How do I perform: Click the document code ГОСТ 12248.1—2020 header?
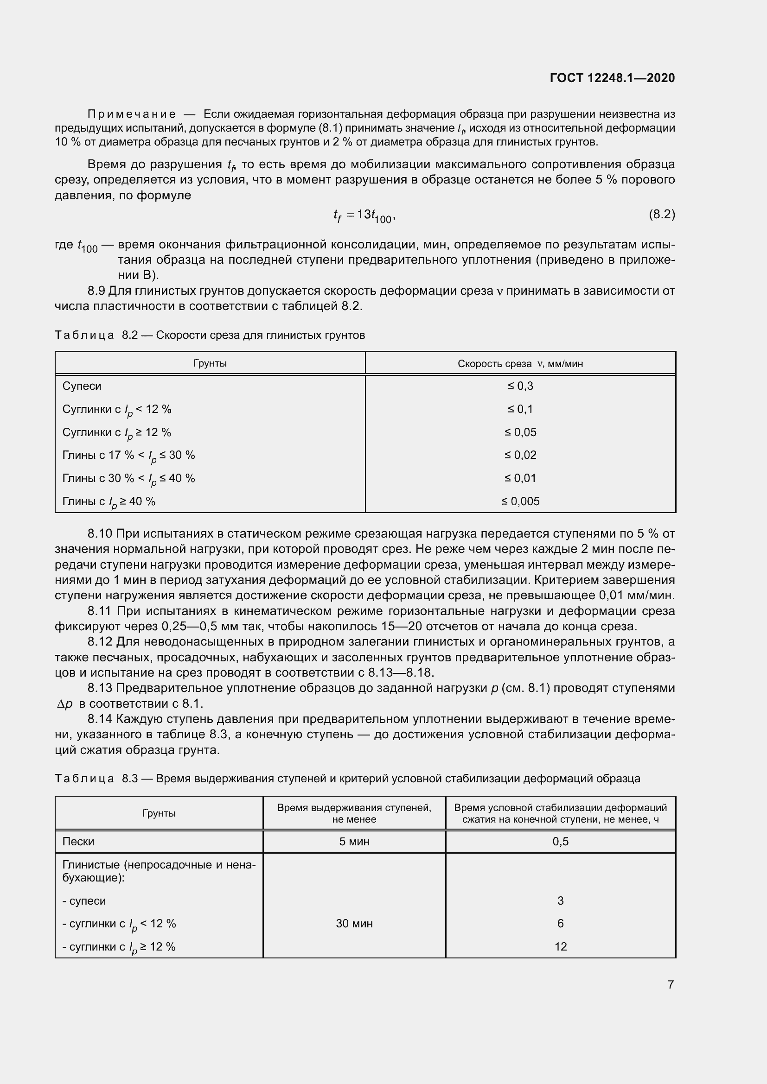click(612, 78)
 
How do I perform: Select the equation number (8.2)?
click(662, 215)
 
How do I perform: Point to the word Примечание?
click(132, 114)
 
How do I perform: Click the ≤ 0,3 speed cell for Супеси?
click(520, 386)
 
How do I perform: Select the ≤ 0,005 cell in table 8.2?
click(520, 501)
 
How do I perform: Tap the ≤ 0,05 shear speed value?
click(520, 432)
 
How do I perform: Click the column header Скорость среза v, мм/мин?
click(520, 363)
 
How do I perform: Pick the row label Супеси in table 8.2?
click(82, 386)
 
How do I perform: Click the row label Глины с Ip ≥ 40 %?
click(109, 502)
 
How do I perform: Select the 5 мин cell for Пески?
click(354, 841)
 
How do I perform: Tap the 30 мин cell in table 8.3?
click(354, 924)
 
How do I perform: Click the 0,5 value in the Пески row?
click(560, 841)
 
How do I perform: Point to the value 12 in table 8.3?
click(560, 947)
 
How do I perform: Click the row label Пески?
click(78, 841)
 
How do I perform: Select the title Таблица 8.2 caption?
click(210, 335)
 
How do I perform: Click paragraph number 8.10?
click(100, 534)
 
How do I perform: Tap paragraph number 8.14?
click(100, 719)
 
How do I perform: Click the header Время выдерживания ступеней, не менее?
click(354, 813)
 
